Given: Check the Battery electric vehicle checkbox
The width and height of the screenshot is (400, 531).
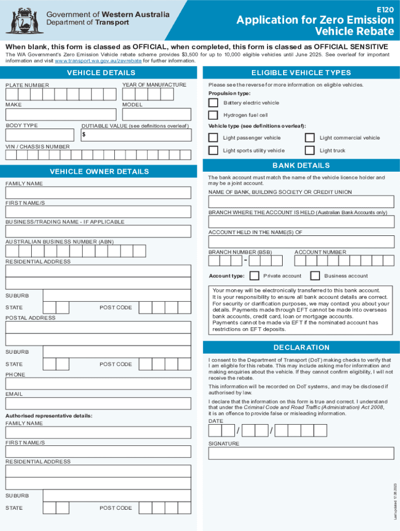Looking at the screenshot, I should (213, 103).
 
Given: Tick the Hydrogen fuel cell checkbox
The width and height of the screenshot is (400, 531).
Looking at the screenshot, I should (213, 115).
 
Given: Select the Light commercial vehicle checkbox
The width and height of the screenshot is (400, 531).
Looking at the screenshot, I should (310, 138).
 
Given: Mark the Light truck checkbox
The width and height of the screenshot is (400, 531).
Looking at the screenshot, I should (310, 150).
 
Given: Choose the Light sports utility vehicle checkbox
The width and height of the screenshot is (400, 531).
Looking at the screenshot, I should (213, 150).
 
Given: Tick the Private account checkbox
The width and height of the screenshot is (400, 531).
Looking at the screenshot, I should (255, 276).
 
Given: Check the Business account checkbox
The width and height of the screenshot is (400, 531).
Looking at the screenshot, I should (315, 276).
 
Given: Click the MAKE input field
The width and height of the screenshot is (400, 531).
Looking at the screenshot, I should (60, 115).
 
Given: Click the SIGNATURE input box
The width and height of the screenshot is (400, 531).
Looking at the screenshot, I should (301, 453).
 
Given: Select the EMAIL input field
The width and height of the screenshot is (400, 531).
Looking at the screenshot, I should (98, 404).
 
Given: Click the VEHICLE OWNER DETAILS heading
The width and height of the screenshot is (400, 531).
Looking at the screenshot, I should (99, 172).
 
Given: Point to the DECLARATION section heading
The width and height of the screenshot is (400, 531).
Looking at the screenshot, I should (301, 347).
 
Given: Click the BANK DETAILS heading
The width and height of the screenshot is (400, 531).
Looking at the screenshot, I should (301, 165).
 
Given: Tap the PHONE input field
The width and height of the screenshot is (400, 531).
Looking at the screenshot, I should (98, 384).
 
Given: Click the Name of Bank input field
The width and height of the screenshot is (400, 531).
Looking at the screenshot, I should (301, 202).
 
